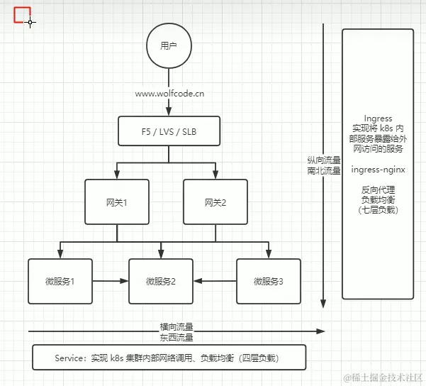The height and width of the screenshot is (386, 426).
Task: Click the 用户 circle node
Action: point(168,47)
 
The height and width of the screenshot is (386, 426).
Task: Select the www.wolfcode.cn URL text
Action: point(169,93)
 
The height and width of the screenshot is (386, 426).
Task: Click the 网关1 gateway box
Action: point(117,203)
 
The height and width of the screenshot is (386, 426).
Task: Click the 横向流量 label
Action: point(176,327)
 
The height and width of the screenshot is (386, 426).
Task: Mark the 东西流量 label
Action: point(176,337)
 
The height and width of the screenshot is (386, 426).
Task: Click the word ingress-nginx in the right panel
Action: point(377,170)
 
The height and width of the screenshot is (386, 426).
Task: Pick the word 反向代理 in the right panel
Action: point(377,189)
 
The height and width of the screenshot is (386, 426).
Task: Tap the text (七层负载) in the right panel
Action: point(377,210)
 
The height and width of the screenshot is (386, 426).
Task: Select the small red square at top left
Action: point(22,14)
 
